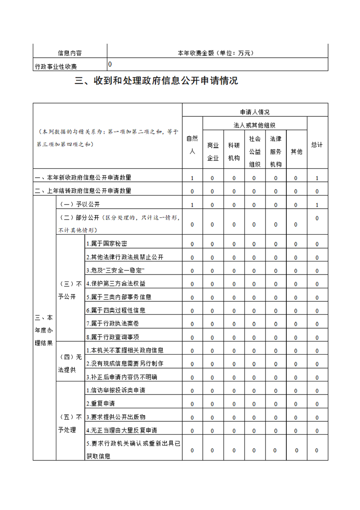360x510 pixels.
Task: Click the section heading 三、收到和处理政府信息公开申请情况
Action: click(156, 81)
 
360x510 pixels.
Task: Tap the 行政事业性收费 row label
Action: click(56, 67)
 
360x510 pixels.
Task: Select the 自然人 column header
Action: click(192, 145)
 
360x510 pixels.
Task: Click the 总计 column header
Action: click(317, 145)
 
